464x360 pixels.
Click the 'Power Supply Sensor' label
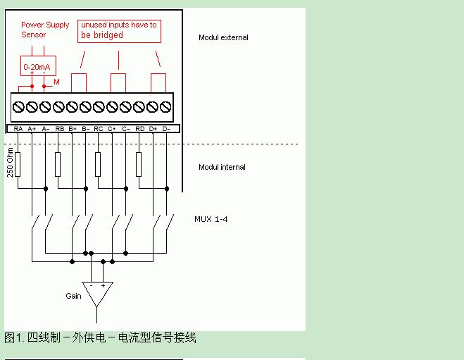pos(44,30)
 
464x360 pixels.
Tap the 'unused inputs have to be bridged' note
pos(118,30)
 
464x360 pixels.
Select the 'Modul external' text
pos(223,37)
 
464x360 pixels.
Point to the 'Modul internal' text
pos(222,167)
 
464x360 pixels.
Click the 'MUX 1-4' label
pos(211,219)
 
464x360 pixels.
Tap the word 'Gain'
pos(73,296)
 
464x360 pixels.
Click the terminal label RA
pos(18,129)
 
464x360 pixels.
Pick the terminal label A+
pos(32,129)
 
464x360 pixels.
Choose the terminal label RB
pos(59,129)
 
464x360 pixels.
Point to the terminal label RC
pos(99,129)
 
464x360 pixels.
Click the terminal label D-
pos(167,129)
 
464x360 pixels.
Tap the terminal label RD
pos(139,129)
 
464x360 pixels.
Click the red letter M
pos(57,82)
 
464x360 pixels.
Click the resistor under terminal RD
pos(139,166)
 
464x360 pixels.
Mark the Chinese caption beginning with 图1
pos(100,338)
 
